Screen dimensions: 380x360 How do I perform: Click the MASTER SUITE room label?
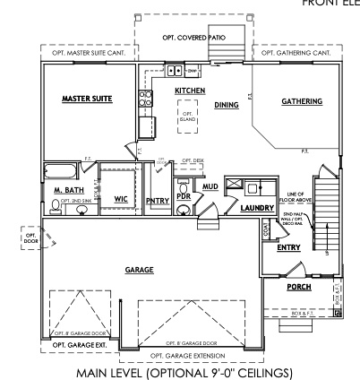click(x=86, y=99)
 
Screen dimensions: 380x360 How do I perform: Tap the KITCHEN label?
click(x=190, y=91)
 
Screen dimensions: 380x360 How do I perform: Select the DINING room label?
click(x=227, y=105)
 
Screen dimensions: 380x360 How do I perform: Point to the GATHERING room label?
click(x=302, y=101)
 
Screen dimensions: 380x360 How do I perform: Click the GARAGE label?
click(x=139, y=269)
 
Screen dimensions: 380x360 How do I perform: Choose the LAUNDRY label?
click(x=255, y=207)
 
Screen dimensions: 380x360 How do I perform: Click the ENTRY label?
click(x=288, y=247)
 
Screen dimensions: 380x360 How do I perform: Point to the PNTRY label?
click(x=157, y=201)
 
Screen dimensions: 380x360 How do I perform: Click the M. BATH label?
click(x=68, y=191)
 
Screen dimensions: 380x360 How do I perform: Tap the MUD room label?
click(x=210, y=186)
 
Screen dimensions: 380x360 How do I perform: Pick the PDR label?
click(x=183, y=195)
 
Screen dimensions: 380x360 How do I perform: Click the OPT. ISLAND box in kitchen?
click(x=187, y=116)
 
